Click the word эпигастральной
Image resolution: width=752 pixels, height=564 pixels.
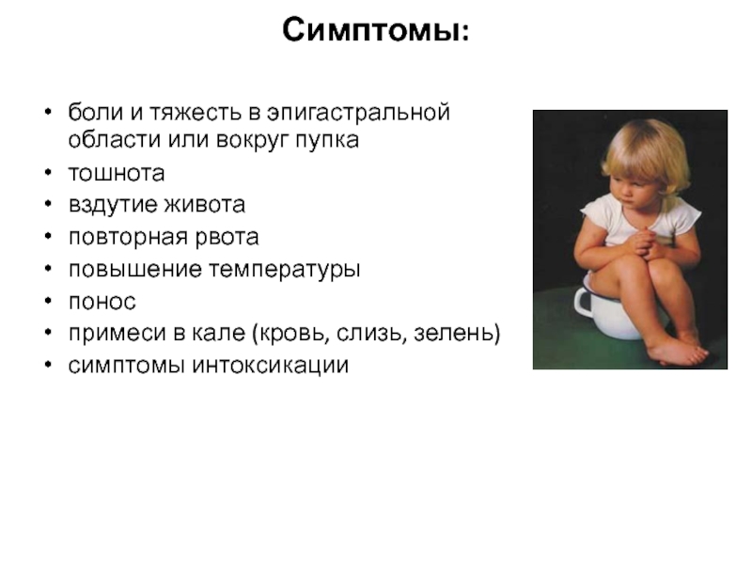coord(359,113)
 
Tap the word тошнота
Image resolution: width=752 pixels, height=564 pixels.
coord(117,173)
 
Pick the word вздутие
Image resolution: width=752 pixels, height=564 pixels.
coord(113,205)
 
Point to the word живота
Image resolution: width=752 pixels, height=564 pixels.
coord(205,205)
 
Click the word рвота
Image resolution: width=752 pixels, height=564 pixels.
coord(227,238)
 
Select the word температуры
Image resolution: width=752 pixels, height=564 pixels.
coord(285,270)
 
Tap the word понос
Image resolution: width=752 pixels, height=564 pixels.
coord(102,302)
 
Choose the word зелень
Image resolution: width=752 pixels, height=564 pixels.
coord(457,334)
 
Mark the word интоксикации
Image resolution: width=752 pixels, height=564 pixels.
coord(271,366)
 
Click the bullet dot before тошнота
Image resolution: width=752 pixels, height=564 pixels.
coord(48,172)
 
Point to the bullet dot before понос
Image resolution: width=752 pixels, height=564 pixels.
coord(48,301)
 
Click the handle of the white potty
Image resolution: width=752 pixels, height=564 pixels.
coord(583,302)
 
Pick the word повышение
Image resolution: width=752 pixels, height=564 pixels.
coord(135,270)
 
